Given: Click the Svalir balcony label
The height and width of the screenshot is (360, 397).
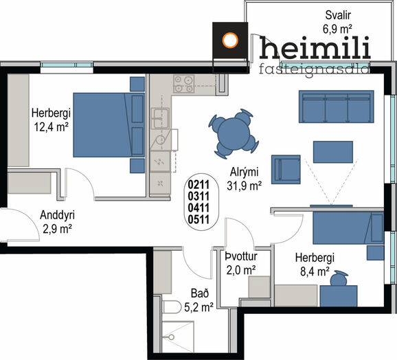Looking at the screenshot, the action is point(338,15).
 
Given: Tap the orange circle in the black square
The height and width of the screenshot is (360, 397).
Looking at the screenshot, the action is point(230,41).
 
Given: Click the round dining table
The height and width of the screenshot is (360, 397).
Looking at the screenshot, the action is point(234,133).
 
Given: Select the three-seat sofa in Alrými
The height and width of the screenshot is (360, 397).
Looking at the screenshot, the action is point(337,106).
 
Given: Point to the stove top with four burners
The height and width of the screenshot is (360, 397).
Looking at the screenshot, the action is point(184,84).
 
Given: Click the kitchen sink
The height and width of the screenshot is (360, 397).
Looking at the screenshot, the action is point(160,118).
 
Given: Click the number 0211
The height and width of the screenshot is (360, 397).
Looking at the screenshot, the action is point(198,185).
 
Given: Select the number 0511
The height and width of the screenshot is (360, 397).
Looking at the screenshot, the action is point(198,219).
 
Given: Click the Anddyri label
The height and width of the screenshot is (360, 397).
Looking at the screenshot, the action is point(57,215).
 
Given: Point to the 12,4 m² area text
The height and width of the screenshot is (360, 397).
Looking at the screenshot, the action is point(52,126).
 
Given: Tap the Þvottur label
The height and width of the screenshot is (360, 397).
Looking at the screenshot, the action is point(241,256).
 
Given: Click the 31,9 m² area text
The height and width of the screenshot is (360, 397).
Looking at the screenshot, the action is point(244,186).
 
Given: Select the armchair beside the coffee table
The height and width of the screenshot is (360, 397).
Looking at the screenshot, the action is point(286,170).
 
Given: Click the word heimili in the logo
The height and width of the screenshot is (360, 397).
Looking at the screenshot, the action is point(315,47).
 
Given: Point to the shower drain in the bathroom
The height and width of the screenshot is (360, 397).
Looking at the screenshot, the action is point(172,337).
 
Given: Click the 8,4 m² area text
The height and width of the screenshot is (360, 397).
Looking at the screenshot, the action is point(315,271).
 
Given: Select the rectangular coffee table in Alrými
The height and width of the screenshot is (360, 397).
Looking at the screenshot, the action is point(333,152).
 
